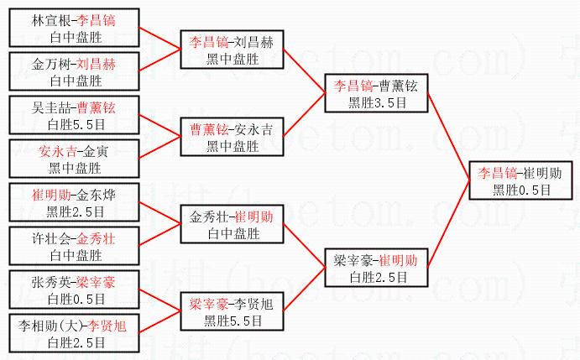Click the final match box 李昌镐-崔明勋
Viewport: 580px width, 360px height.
tap(520, 181)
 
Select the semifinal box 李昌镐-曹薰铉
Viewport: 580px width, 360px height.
tap(376, 93)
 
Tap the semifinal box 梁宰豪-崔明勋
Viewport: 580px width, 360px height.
tap(376, 268)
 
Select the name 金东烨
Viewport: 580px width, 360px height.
tap(100, 196)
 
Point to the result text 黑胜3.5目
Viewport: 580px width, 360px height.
tap(376, 102)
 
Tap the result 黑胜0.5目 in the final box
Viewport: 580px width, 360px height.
tap(521, 190)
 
